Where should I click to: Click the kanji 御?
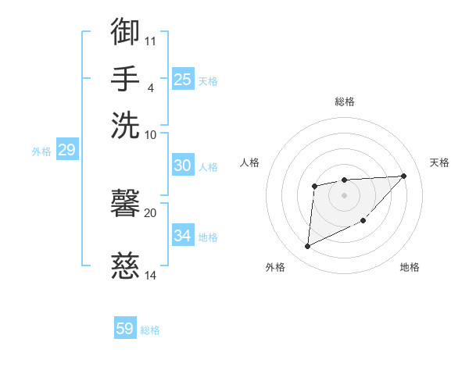[126, 32]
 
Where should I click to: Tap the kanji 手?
[126, 79]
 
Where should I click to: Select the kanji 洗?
[126, 126]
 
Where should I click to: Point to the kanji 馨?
[126, 205]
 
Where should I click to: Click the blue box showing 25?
[182, 80]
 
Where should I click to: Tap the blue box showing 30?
[182, 166]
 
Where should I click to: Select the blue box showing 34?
[182, 236]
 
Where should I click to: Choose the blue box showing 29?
[66, 150]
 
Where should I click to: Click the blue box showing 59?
[124, 329]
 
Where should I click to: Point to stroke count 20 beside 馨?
[150, 212]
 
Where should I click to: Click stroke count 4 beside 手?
[150, 87]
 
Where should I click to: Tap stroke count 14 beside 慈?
[150, 275]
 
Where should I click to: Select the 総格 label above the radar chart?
[344, 102]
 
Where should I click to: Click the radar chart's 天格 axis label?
[439, 162]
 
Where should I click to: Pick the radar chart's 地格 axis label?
[410, 267]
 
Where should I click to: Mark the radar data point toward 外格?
[307, 247]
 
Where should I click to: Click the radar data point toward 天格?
[403, 176]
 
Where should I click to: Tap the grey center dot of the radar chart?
[344, 194]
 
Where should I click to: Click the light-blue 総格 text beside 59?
[150, 330]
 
